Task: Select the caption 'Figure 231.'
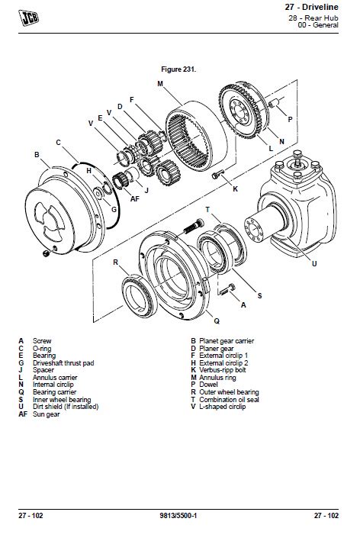click(x=179, y=69)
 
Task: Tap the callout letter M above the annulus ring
click(x=160, y=83)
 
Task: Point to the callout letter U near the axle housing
click(x=313, y=264)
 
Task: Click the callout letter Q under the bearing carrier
click(x=217, y=321)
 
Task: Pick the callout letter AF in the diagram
click(x=134, y=198)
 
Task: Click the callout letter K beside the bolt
click(x=236, y=188)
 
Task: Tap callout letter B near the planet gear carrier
click(x=37, y=155)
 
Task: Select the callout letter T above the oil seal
click(x=207, y=208)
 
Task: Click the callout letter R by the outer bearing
click(x=116, y=262)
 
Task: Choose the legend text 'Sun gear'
click(x=47, y=414)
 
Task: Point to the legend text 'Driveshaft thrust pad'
click(x=64, y=362)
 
